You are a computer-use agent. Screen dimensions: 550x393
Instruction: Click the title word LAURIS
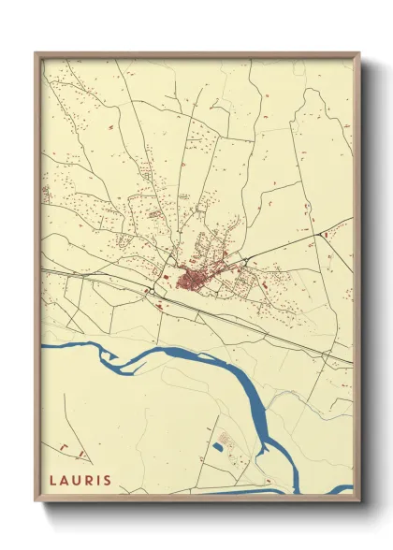80,480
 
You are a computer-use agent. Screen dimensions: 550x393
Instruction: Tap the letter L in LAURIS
52,480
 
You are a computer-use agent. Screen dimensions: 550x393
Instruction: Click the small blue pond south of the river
218,447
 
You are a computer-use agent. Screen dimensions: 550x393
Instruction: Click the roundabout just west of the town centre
149,291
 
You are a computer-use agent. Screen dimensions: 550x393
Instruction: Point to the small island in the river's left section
106,354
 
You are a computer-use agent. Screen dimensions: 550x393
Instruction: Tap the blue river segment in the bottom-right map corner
342,488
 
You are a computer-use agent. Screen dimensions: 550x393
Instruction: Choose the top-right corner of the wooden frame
358,53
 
